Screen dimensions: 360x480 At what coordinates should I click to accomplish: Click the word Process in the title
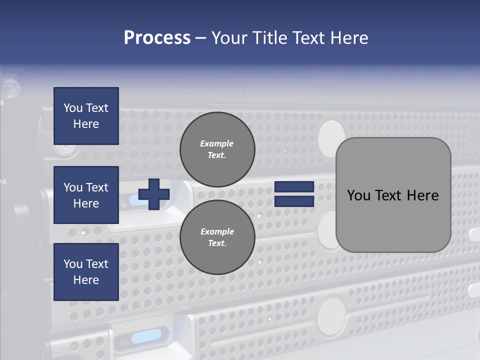157,38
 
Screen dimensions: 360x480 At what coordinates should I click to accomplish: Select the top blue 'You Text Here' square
86,116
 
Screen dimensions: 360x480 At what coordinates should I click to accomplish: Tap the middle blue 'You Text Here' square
86,195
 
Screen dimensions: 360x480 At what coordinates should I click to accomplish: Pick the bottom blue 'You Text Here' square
86,271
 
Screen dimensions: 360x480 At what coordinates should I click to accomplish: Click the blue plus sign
154,194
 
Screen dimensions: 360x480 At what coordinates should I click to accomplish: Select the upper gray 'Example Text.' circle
217,149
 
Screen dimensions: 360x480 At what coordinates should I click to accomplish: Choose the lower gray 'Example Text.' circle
217,237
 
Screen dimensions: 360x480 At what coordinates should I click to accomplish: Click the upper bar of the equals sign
294,186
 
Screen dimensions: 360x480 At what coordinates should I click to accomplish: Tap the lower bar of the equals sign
294,201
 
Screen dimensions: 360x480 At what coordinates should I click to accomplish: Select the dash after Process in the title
201,38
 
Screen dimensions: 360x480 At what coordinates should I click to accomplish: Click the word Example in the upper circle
217,143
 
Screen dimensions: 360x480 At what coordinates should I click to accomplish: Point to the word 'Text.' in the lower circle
217,243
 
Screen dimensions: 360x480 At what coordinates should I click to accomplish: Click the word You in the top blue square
73,108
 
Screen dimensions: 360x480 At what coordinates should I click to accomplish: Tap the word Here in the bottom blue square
86,280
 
